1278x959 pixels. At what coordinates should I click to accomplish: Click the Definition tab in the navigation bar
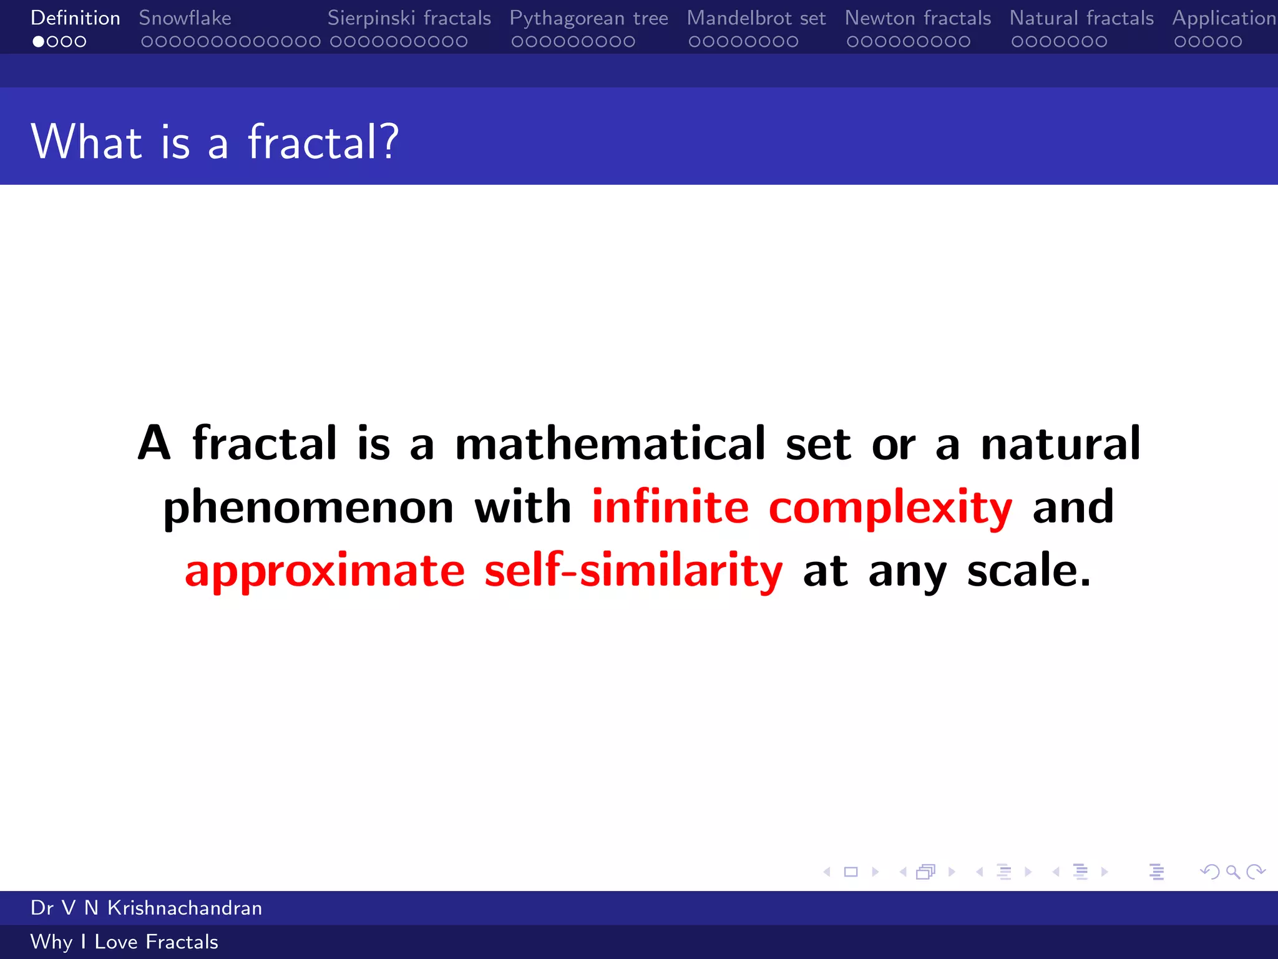75,18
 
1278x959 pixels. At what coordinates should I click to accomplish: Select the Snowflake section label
185,18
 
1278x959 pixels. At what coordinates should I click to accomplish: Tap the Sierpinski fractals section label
409,18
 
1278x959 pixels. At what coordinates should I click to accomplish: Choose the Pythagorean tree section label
588,18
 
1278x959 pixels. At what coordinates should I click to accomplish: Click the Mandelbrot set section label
756,18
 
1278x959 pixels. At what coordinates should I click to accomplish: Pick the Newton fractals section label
917,18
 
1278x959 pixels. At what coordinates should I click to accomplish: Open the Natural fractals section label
1081,18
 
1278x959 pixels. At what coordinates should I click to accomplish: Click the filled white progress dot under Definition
39,42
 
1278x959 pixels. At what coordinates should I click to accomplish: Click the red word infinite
670,506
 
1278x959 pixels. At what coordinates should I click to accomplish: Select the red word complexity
890,508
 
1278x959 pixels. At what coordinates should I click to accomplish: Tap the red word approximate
324,571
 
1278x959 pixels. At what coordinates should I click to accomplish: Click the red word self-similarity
633,570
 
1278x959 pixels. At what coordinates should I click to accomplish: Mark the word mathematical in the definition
610,443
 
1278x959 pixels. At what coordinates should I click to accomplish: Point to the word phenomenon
308,508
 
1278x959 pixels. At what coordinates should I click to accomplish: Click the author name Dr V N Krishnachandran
146,908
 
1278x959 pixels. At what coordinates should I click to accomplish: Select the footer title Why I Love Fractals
124,942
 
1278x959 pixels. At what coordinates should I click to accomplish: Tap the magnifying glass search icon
1232,872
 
